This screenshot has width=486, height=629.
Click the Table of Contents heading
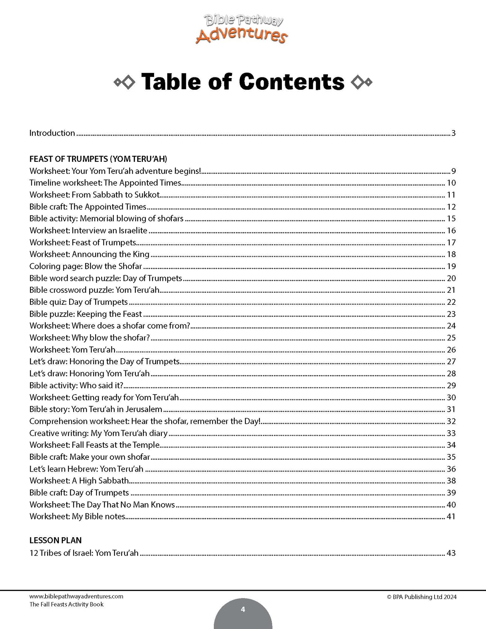(x=242, y=82)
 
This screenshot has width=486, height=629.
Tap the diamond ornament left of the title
(x=124, y=82)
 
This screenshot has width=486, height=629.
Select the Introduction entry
(x=52, y=133)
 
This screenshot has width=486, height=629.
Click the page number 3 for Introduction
(x=453, y=133)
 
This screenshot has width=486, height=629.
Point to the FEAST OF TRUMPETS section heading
(x=98, y=159)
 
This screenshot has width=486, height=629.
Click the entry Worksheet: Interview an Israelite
(x=88, y=230)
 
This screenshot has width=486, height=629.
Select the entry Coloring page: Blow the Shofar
(x=86, y=266)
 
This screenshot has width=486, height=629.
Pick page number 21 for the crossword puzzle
(x=451, y=290)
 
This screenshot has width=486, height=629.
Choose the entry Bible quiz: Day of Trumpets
(x=79, y=302)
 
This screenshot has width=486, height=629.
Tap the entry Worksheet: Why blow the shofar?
(x=89, y=338)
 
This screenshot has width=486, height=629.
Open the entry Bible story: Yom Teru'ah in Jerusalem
(x=96, y=409)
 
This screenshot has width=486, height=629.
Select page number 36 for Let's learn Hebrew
(x=451, y=469)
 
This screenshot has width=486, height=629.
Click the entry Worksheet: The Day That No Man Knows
(x=102, y=505)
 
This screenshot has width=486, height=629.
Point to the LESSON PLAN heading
(x=55, y=540)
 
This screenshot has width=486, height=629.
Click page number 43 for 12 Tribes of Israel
(x=451, y=553)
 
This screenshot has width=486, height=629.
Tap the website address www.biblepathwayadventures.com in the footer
(x=76, y=596)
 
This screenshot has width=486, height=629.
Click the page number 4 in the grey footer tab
(x=243, y=609)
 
